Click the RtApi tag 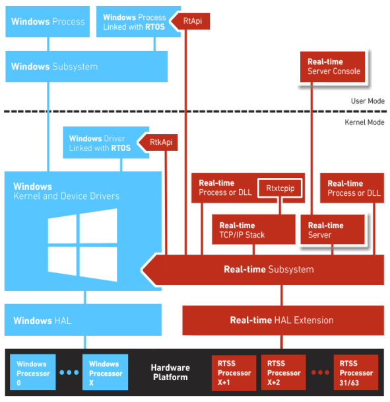point(191,21)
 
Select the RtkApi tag point(158,142)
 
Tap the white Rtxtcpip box point(280,188)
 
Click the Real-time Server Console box point(333,67)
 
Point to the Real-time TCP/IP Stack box point(253,229)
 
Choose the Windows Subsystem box point(86,66)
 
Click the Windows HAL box point(83,320)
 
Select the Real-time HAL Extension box point(283,320)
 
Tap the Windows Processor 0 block point(33,372)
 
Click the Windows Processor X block point(105,372)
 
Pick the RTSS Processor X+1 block point(234,373)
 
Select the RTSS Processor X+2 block point(284,373)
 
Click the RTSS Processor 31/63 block point(356,373)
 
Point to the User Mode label point(368,101)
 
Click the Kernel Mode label point(365,122)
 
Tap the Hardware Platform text point(170,372)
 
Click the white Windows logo point(82,245)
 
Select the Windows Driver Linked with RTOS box point(106,143)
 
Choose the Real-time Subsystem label point(269,270)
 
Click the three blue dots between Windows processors point(69,372)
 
